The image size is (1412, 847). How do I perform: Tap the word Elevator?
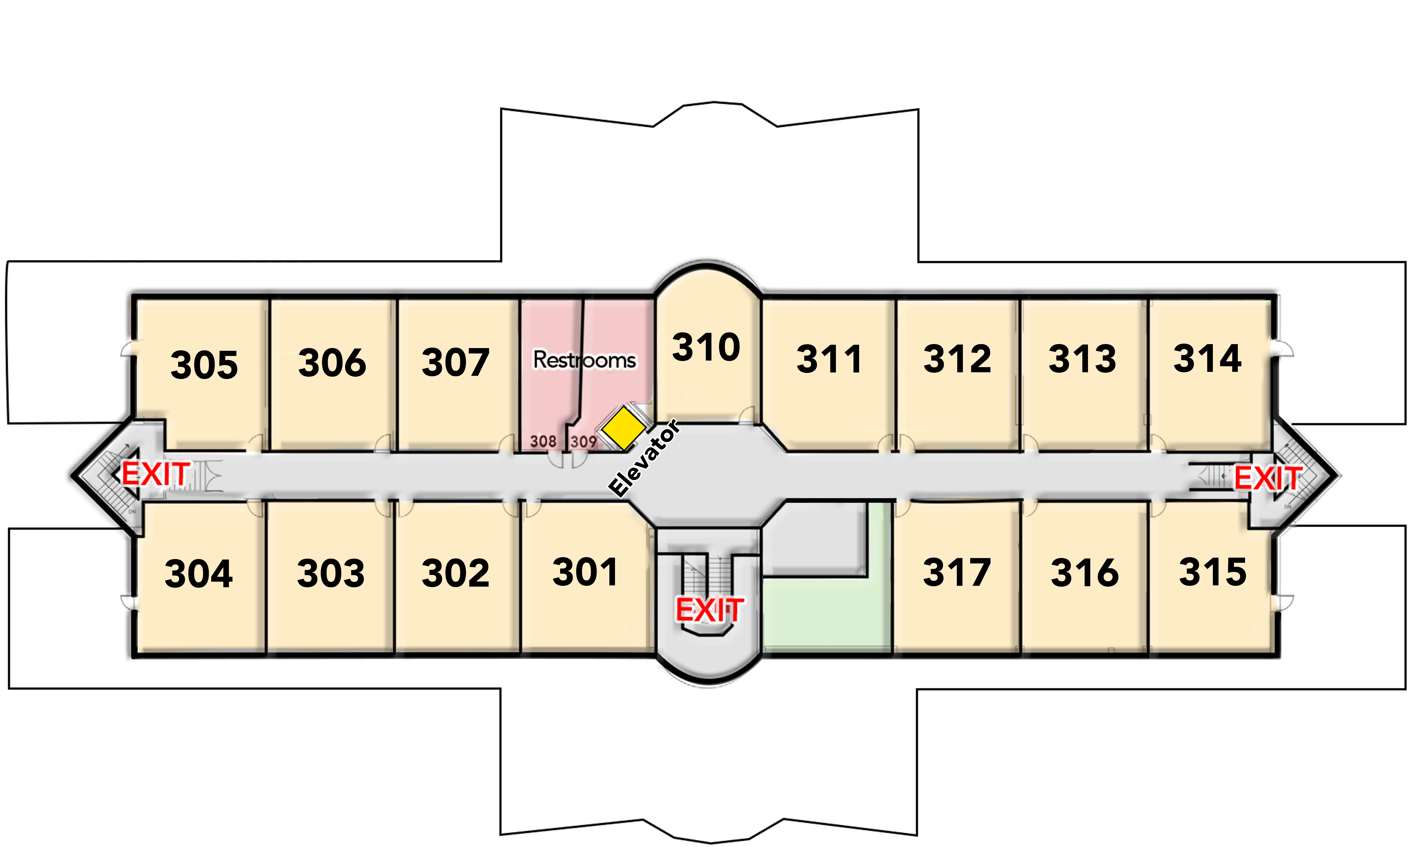point(644,458)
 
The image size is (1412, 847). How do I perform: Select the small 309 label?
point(583,441)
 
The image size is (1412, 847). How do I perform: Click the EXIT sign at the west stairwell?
point(155,474)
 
